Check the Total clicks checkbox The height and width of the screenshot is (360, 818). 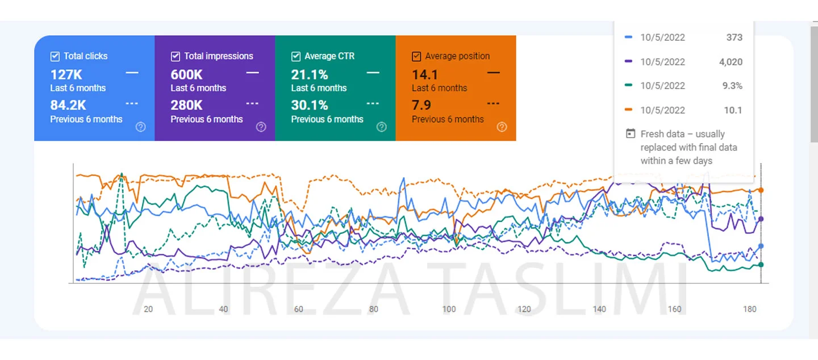(x=55, y=56)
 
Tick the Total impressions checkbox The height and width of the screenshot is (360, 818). (x=176, y=56)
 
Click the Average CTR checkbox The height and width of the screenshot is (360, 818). (x=296, y=56)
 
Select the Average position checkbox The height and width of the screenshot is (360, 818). (x=416, y=56)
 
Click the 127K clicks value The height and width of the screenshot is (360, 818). (x=67, y=74)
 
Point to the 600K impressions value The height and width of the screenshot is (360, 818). (x=186, y=74)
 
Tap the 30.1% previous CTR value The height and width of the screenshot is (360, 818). (x=310, y=105)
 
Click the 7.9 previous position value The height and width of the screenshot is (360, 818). (x=421, y=105)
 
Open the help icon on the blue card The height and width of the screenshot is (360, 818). (x=141, y=127)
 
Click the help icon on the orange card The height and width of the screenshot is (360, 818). (x=502, y=127)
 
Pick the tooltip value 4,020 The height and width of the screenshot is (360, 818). (x=731, y=62)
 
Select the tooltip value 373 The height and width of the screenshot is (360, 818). (x=734, y=37)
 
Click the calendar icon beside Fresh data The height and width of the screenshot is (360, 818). (x=630, y=134)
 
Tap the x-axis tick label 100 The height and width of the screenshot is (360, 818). (x=449, y=309)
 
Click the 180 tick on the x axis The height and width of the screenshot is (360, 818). (x=750, y=309)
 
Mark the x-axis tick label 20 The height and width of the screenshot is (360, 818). (x=148, y=309)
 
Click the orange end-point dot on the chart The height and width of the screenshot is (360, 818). (x=761, y=190)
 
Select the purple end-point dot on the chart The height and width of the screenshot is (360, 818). (x=761, y=219)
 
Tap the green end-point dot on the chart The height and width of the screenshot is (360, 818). (x=761, y=265)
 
